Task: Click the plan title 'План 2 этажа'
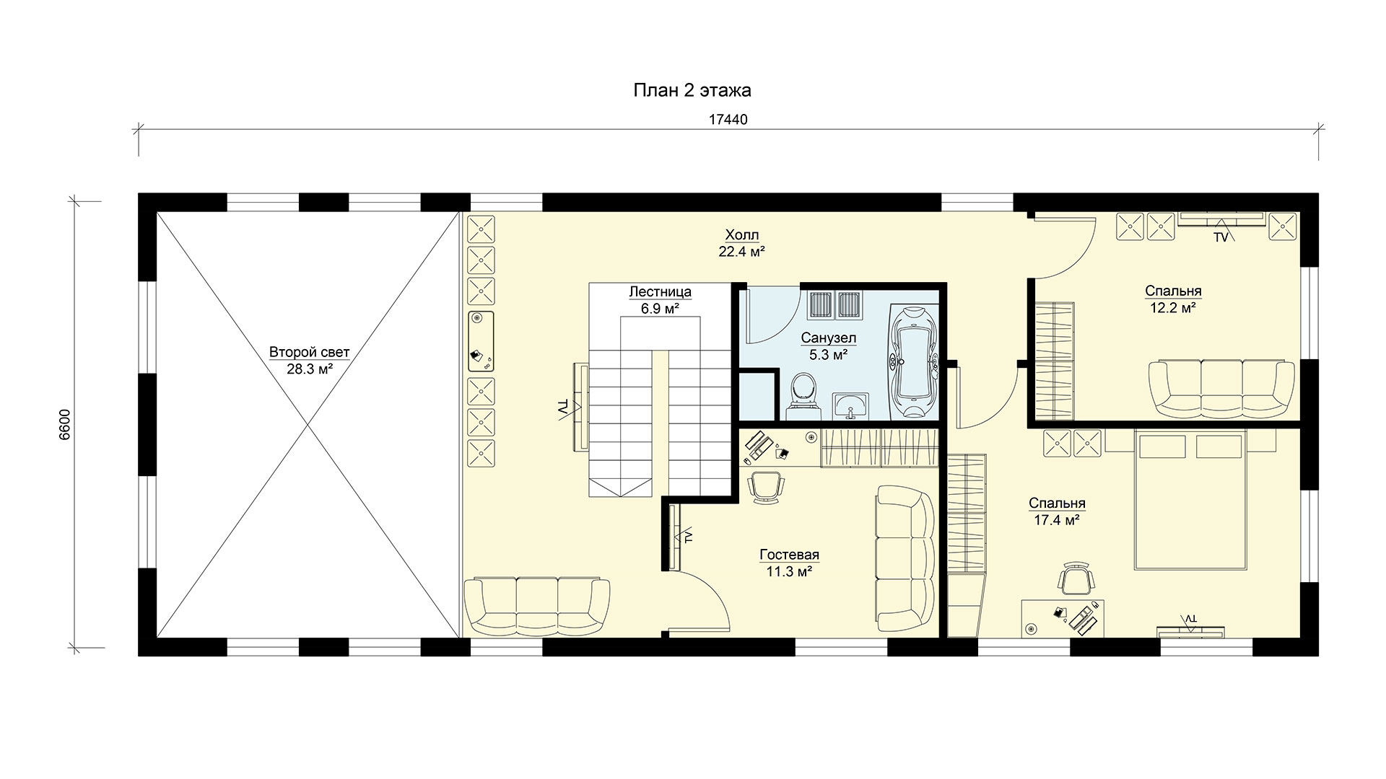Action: tap(692, 90)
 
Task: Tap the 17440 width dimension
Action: tap(728, 120)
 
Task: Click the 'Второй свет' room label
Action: tap(309, 353)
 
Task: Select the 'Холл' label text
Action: tap(742, 235)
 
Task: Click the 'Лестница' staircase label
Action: tap(660, 292)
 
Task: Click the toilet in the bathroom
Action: tap(803, 396)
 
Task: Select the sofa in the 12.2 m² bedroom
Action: tap(1221, 389)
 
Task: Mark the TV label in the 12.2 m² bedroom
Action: tap(1220, 237)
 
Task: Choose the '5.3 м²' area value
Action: tap(829, 354)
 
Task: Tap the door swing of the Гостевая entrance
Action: tap(704, 589)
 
